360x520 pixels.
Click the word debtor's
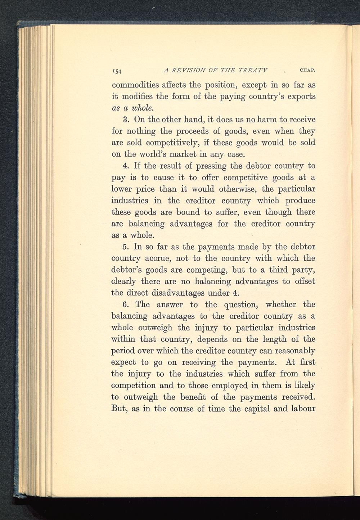[x=130, y=270]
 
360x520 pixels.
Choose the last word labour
[x=301, y=409]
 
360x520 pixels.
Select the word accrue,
[x=157, y=259]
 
